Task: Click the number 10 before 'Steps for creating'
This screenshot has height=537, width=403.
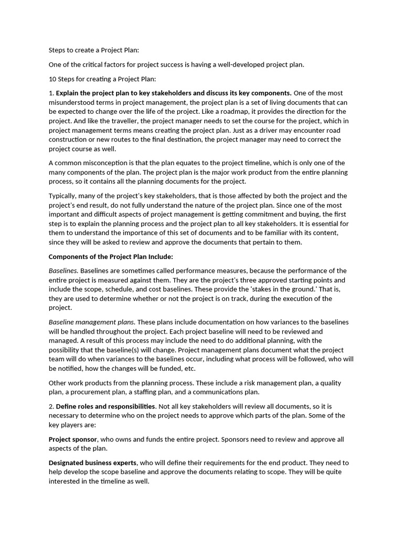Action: [52, 79]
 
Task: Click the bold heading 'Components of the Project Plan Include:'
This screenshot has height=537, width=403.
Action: [111, 256]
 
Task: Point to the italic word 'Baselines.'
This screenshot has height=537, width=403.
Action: [63, 271]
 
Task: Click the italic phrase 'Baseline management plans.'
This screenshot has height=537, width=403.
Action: [92, 322]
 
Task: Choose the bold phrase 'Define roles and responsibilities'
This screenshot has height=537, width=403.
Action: [105, 406]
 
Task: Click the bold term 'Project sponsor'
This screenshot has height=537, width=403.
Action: [73, 439]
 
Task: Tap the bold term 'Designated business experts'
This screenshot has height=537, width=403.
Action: [92, 463]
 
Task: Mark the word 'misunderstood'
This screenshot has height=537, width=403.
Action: [71, 102]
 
